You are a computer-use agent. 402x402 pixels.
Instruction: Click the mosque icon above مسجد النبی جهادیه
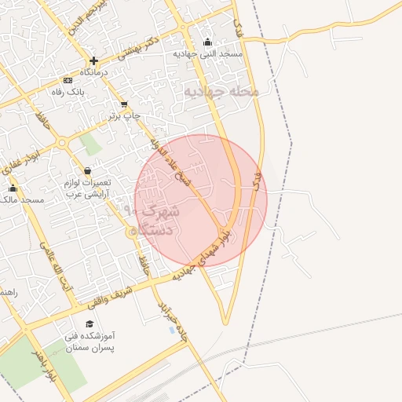(207, 42)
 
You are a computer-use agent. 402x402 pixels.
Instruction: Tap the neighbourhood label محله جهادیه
(221, 93)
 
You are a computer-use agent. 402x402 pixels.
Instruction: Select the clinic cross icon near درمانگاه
(93, 60)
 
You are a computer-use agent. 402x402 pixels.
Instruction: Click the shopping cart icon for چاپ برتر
(124, 104)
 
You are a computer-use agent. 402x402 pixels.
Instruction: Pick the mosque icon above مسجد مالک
(13, 188)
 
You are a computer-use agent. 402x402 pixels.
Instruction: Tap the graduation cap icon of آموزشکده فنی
(90, 324)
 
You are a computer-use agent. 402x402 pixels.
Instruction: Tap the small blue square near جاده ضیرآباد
(173, 330)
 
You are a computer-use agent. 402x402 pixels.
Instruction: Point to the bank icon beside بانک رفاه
(68, 80)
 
